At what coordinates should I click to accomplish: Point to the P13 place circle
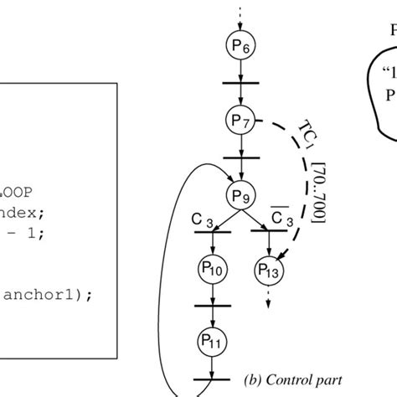pos(267,271)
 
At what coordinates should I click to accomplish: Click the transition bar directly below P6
pos(239,81)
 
